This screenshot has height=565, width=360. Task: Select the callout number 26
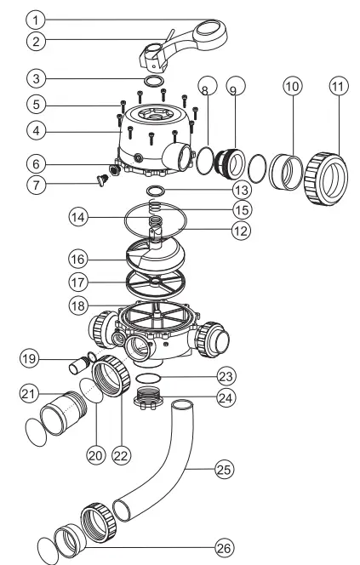(x=224, y=548)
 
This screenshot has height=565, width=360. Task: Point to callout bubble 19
(x=28, y=359)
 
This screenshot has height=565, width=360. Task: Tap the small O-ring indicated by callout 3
(x=154, y=81)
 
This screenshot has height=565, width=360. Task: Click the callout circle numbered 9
(x=236, y=86)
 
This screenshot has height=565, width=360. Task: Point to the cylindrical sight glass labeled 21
(x=62, y=414)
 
